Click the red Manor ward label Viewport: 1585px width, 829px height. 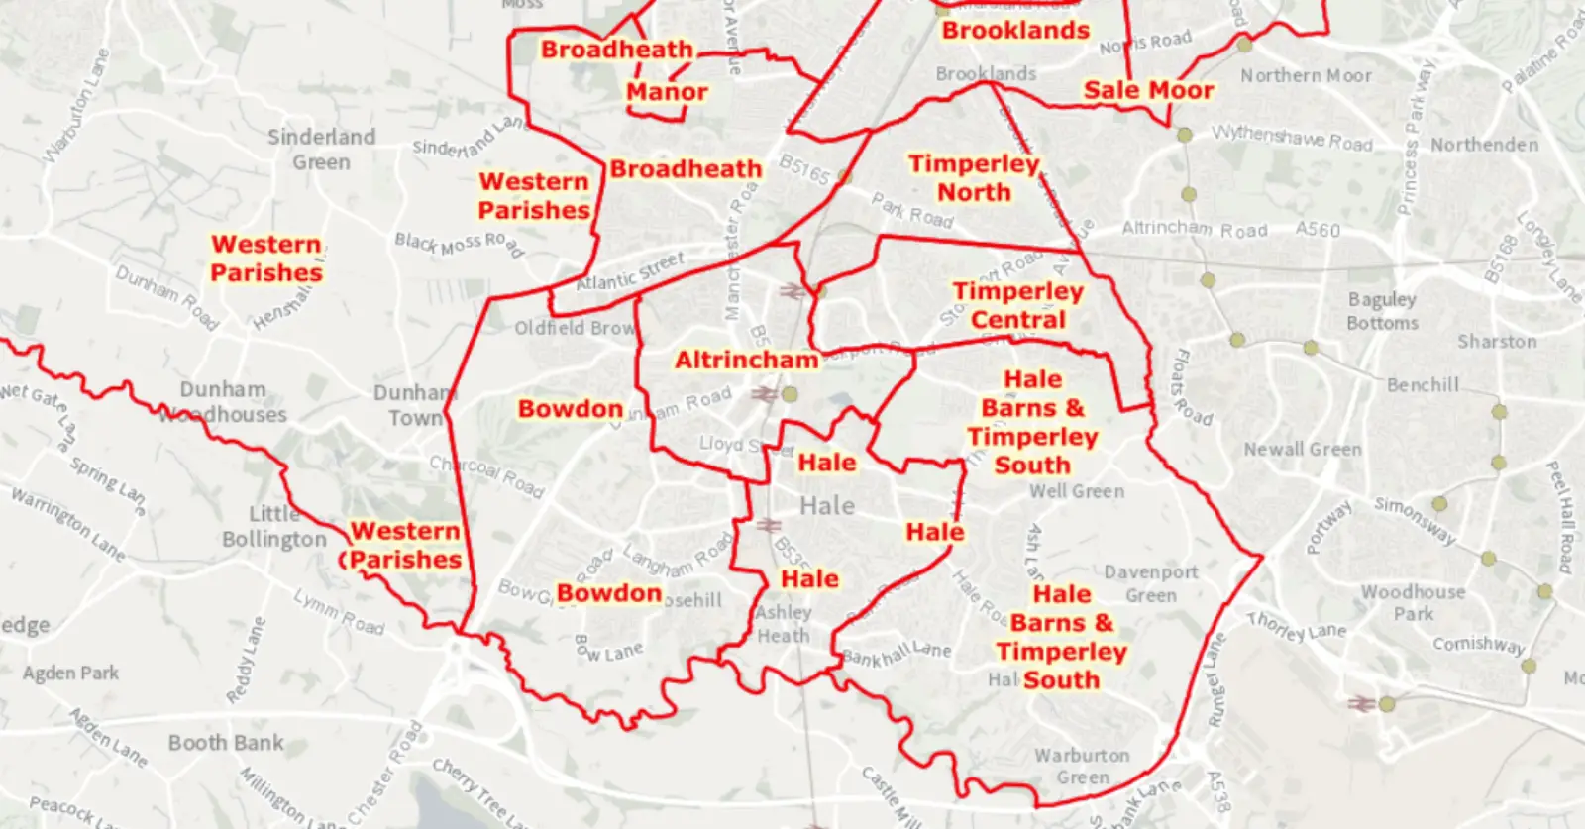tap(667, 92)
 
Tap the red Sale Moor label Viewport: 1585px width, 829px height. tap(1148, 90)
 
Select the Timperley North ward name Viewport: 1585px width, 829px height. tap(974, 178)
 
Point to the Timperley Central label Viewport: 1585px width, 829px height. tap(1017, 305)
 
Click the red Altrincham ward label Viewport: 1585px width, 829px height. tap(747, 360)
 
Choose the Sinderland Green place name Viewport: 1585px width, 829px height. tap(321, 150)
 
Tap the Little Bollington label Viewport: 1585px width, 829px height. tap(273, 527)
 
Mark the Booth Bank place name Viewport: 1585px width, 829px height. tap(226, 743)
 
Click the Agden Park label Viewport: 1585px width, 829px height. tap(70, 674)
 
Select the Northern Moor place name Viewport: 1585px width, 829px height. tap(1306, 75)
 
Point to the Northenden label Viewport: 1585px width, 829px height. tap(1484, 145)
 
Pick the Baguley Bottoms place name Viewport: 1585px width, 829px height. tap(1382, 311)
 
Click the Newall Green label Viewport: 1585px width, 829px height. tap(1303, 449)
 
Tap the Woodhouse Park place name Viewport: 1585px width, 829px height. tap(1413, 602)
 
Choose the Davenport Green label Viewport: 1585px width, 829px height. tap(1151, 583)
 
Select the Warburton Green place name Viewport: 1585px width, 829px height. tap(1082, 767)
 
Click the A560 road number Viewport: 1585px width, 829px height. tap(1318, 230)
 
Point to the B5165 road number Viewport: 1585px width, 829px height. tap(803, 169)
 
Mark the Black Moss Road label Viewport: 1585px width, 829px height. tap(459, 243)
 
